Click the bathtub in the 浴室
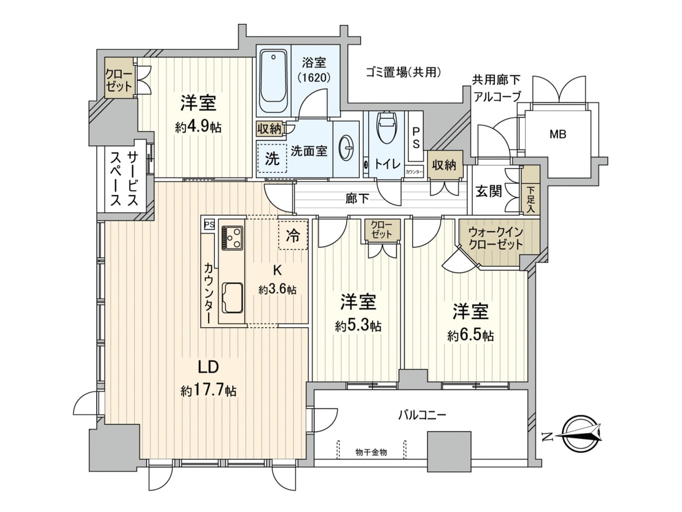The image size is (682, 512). pos(273,81)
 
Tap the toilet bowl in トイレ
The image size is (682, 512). pos(386,127)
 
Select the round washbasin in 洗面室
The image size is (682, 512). pos(346,148)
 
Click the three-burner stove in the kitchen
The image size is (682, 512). pos(232,237)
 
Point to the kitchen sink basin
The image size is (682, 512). pos(232,298)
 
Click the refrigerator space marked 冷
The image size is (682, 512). pos(293,235)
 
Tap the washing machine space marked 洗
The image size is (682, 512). pos(272,159)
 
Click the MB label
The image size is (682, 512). pos(558,134)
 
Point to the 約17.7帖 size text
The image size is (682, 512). pos(209,390)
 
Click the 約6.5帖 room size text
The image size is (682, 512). pos(471,336)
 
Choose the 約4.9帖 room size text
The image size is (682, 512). pos(198,127)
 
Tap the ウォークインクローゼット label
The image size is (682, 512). pos(496,238)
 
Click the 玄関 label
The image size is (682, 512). pos(489,191)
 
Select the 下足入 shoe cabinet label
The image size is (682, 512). pos(530,199)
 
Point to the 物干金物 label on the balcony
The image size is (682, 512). pos(371,452)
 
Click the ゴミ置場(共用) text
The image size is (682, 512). pos(404,73)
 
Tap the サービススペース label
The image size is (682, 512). pos(124,179)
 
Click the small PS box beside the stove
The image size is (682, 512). pos(209,224)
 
